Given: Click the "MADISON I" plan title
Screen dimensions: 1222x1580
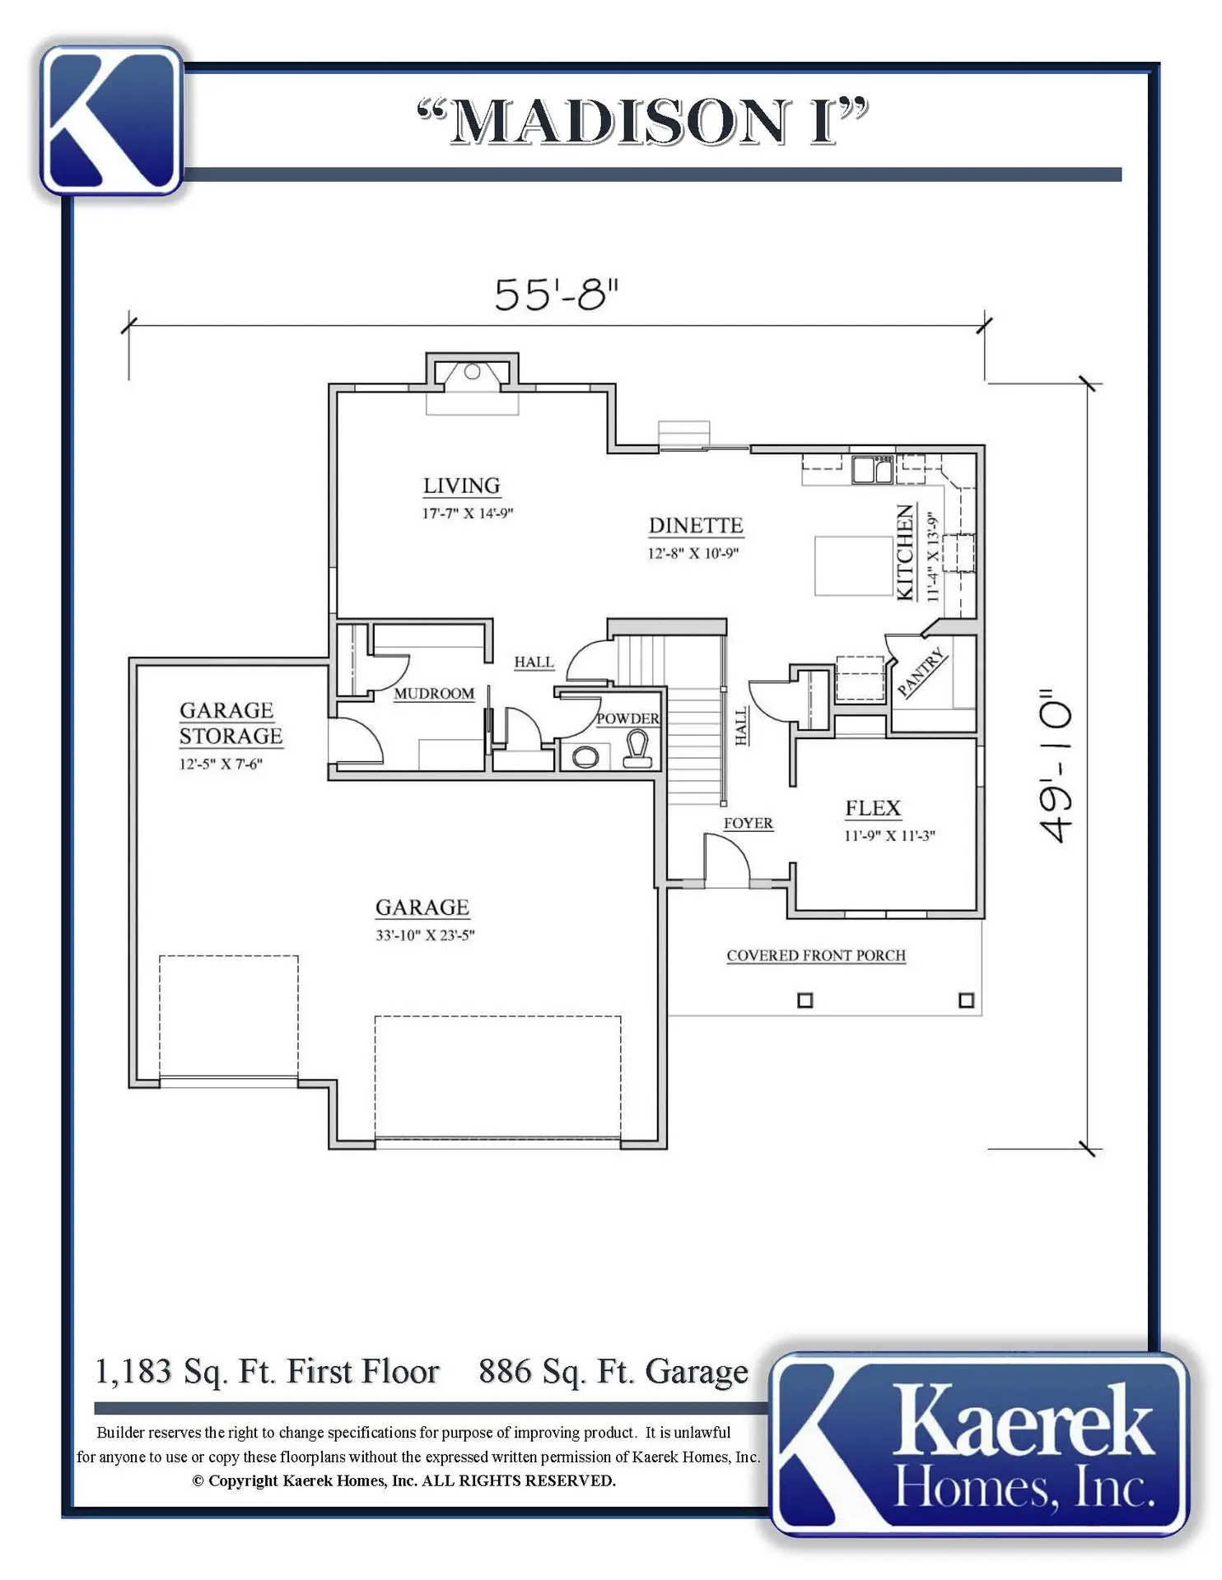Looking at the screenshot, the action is click(642, 122).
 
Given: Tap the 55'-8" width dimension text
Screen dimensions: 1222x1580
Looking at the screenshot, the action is click(556, 295).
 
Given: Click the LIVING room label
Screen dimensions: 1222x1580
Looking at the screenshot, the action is click(461, 486).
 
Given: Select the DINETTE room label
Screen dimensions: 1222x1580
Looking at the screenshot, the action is click(696, 525).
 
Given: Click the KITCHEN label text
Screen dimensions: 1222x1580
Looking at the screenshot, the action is click(905, 552).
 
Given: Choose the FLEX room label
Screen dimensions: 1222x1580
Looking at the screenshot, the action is click(873, 808).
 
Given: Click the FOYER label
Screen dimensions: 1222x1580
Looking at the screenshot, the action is click(748, 823).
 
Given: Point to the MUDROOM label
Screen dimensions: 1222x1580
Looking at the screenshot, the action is click(434, 694).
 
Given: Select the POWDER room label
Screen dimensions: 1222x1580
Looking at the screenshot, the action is click(627, 718).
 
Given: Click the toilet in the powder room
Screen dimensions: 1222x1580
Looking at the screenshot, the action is click(637, 749).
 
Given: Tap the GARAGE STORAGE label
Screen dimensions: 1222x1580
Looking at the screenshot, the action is click(231, 723).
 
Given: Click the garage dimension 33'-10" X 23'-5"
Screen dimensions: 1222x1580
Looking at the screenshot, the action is click(425, 935).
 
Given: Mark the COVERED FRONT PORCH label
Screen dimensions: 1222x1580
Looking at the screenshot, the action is click(816, 955).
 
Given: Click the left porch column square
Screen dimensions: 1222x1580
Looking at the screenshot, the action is click(805, 1001).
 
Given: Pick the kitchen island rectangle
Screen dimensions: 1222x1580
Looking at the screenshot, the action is click(853, 565).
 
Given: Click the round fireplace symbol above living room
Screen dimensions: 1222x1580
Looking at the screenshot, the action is click(472, 372).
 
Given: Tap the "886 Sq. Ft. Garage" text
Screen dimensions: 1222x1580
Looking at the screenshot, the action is click(613, 1372).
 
